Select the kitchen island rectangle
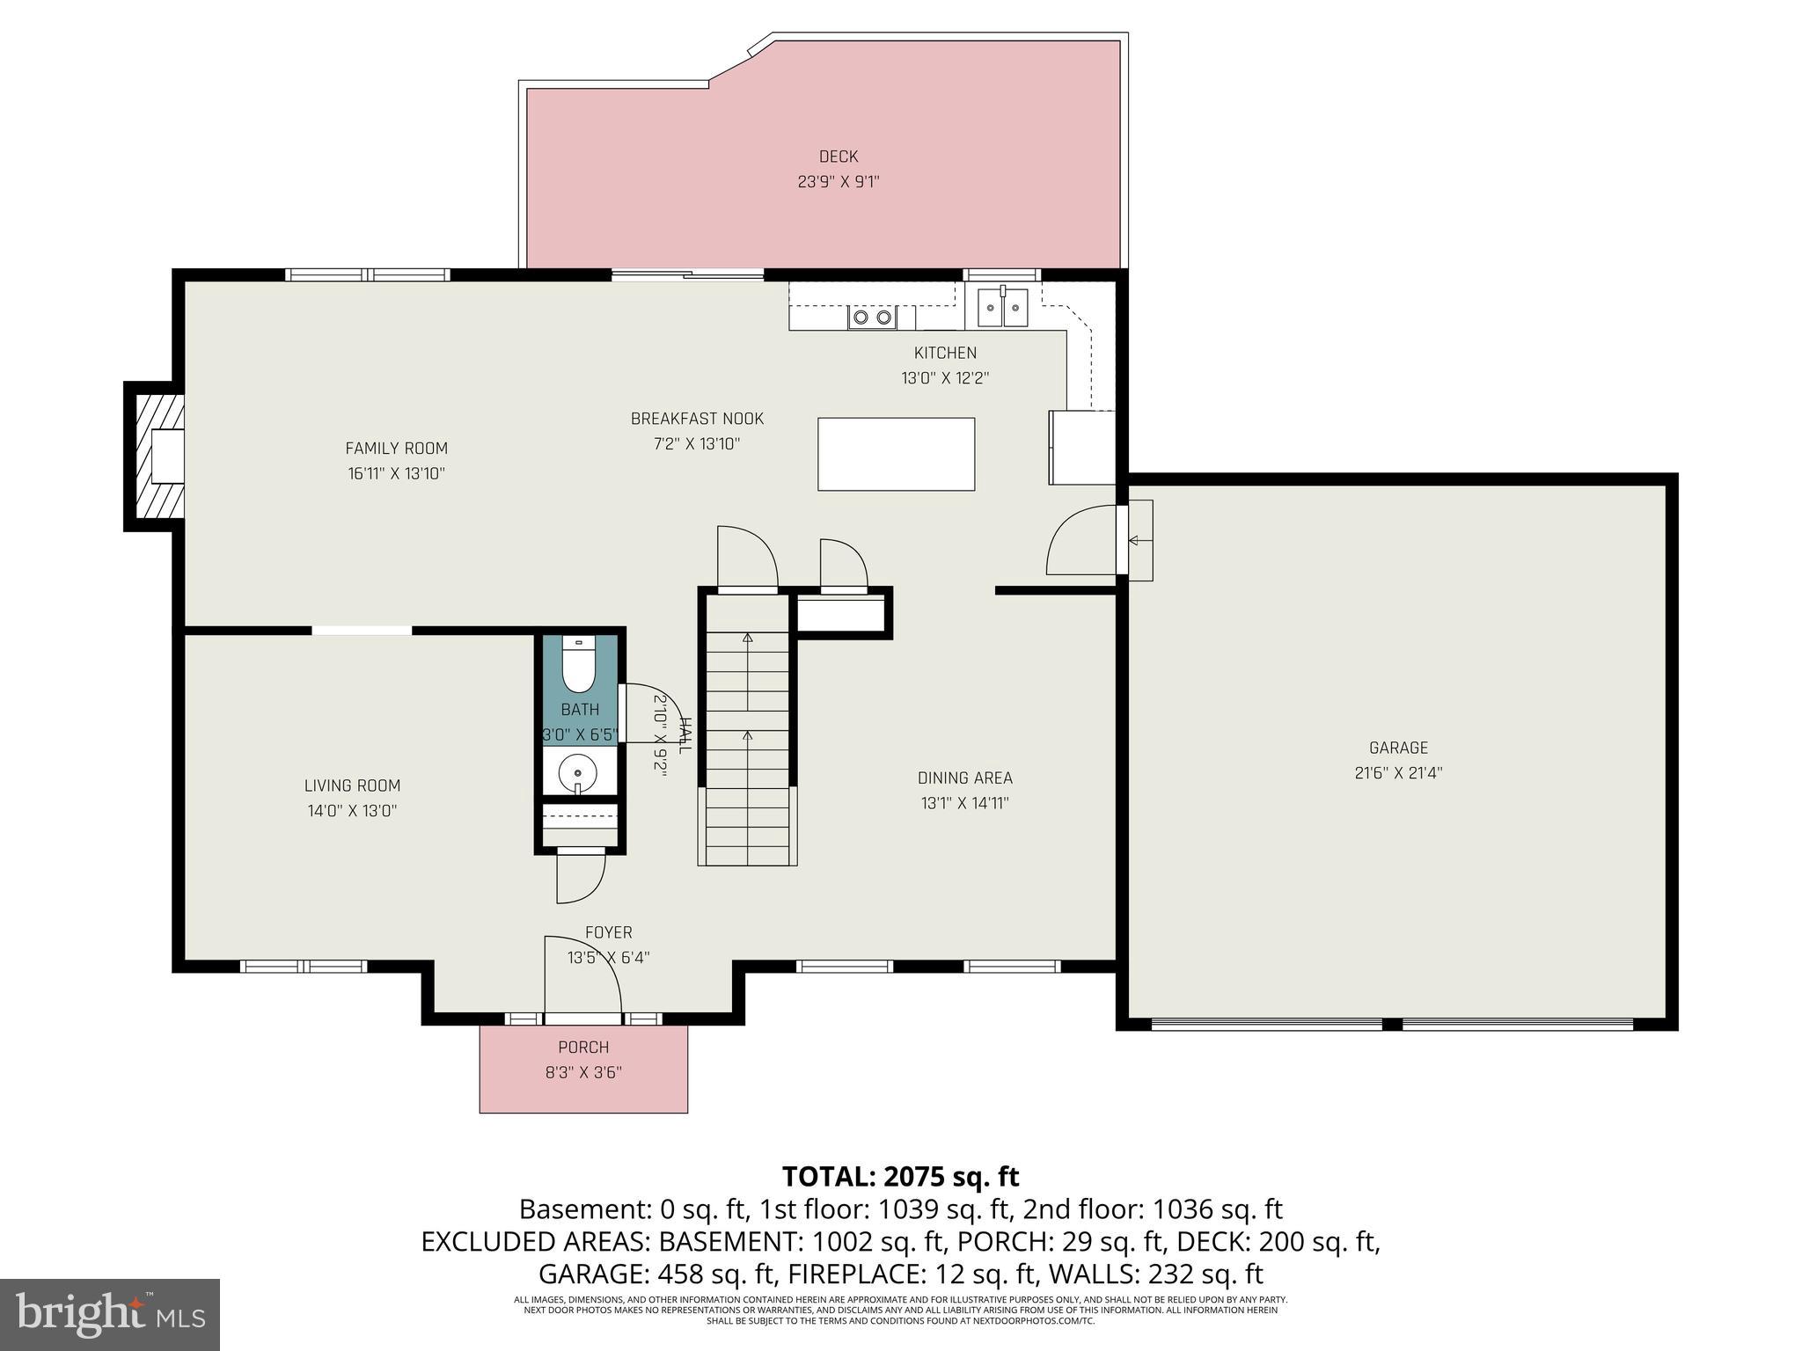click(896, 454)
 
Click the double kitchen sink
click(1003, 307)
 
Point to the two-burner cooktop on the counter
click(872, 318)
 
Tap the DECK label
click(838, 157)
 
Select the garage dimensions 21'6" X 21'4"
click(1398, 773)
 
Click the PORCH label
click(583, 1048)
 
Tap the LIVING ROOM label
click(352, 785)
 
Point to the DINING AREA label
click(964, 778)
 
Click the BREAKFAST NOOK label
click(697, 419)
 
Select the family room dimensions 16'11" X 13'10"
click(396, 473)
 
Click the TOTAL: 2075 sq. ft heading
click(900, 1176)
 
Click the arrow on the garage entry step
click(1139, 540)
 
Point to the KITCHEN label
click(945, 353)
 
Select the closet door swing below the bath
click(581, 878)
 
